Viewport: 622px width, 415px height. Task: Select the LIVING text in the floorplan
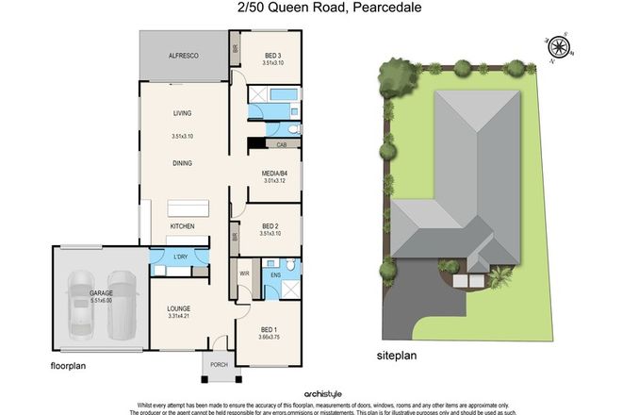pos(182,114)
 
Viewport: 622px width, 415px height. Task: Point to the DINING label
pos(182,162)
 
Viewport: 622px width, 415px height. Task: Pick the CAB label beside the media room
pos(282,144)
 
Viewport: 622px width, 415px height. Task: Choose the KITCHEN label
pos(182,227)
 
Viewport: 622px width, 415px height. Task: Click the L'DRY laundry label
pos(179,258)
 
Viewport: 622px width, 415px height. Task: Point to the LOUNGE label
pos(180,308)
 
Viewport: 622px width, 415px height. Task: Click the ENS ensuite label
pos(275,275)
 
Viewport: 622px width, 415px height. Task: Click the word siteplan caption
pos(381,358)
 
